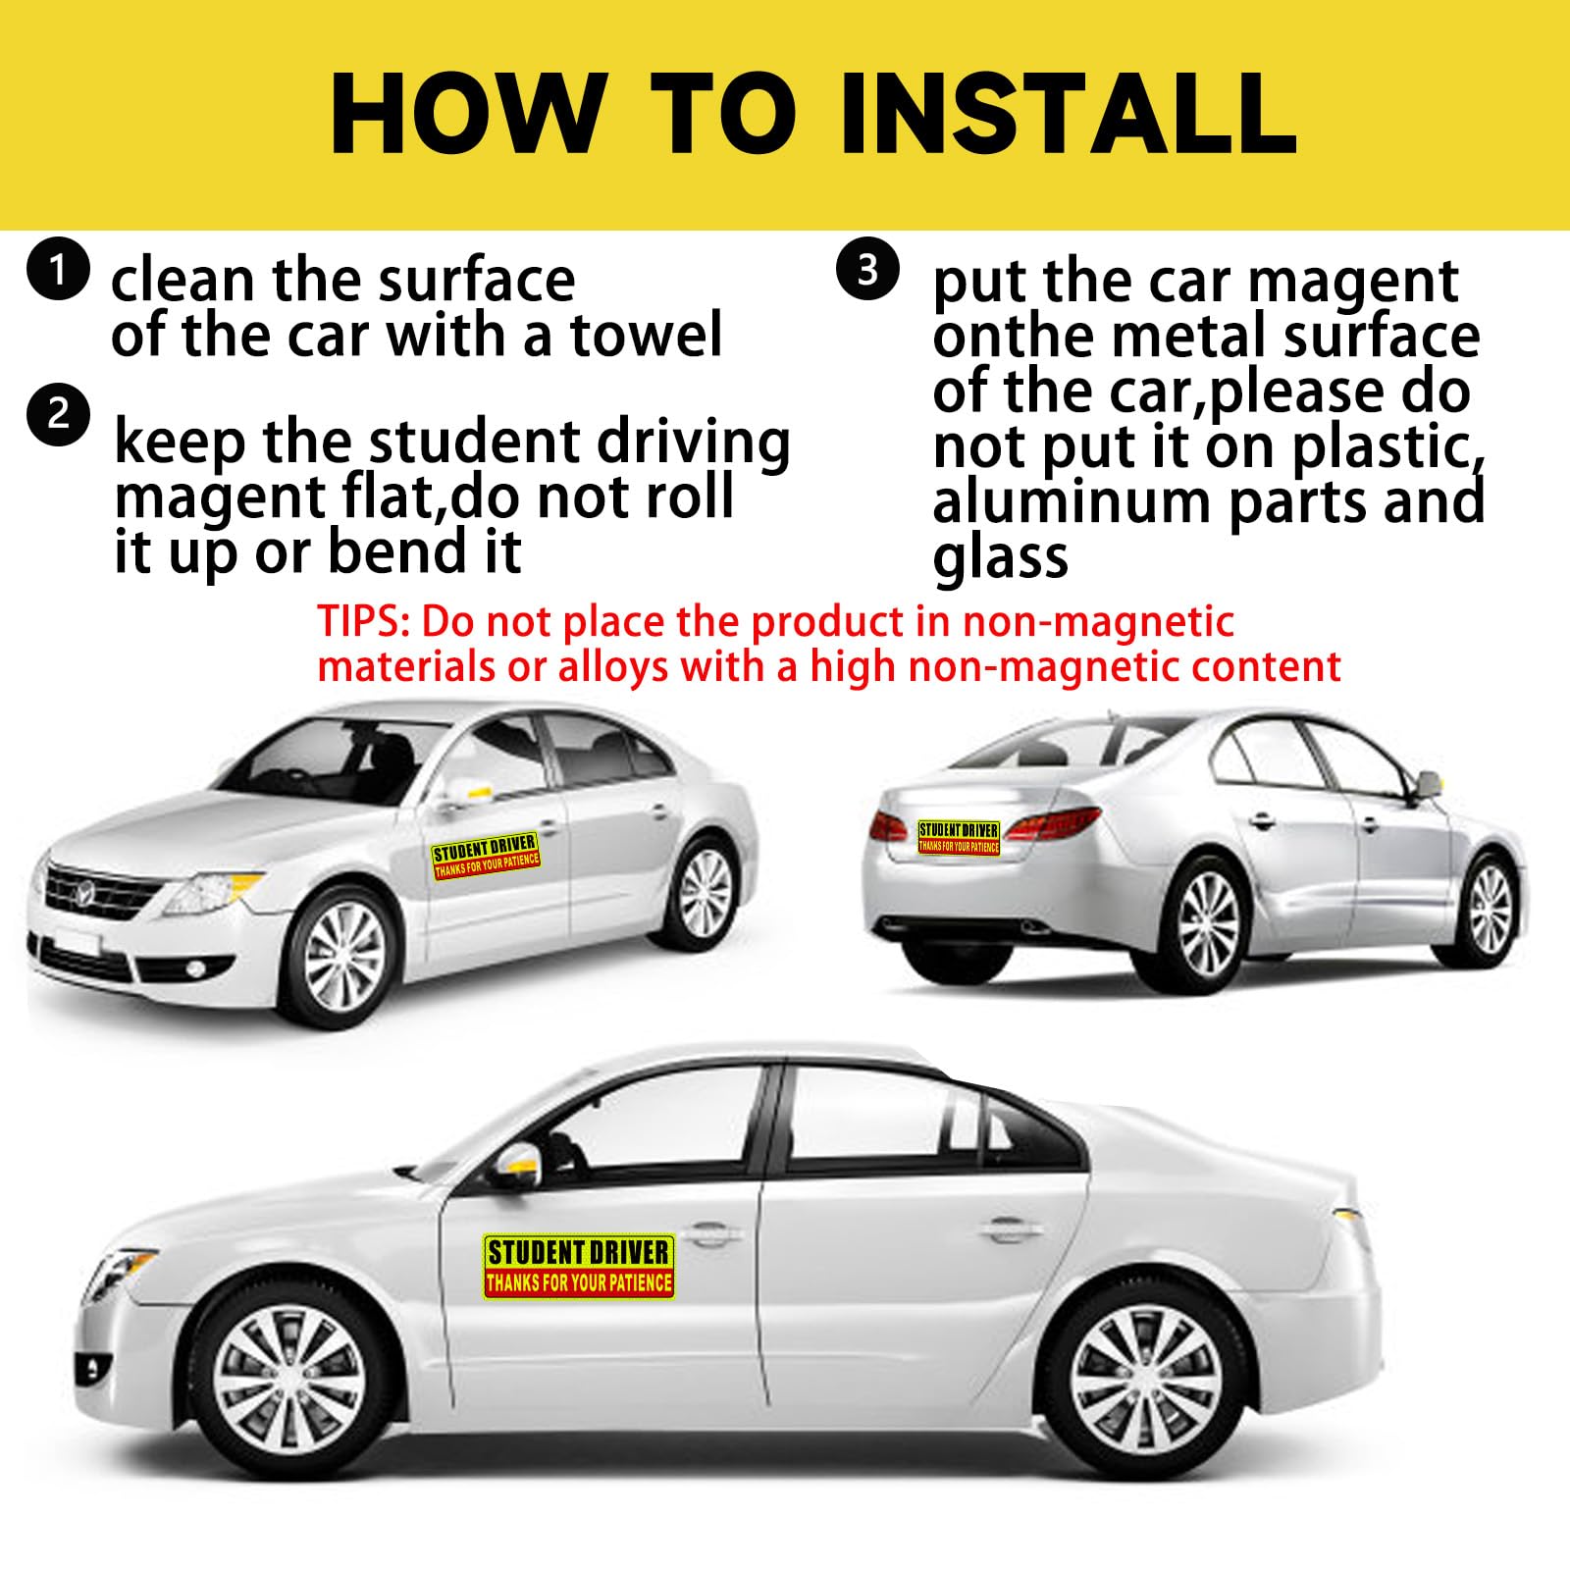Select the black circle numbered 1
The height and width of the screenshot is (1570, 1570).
pos(59,270)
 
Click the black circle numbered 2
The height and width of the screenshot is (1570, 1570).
pos(59,416)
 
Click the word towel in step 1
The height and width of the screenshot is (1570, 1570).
pos(648,336)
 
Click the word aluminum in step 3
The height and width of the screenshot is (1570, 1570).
pos(1073,501)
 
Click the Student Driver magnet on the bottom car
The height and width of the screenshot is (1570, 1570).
pos(579,1267)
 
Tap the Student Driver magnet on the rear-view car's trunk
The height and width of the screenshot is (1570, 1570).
pos(959,838)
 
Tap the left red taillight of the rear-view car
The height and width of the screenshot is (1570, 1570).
pos(889,826)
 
